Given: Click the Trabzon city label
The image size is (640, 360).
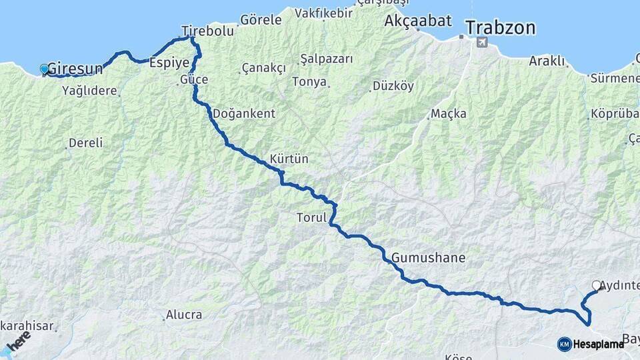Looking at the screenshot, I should tap(501, 28).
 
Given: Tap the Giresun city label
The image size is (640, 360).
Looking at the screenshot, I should tap(75, 68).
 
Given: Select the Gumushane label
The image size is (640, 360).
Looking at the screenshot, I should tap(429, 257).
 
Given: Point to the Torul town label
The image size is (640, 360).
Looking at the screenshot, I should tap(311, 217).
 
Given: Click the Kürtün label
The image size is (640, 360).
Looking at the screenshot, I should tap(289, 159).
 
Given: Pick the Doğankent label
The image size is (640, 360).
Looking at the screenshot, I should tap(243, 113).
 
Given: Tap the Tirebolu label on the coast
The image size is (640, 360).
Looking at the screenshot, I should tap(208, 31).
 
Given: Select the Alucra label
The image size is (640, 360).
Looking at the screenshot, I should tap(184, 314).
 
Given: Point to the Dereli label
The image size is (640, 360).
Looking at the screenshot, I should tap(86, 143).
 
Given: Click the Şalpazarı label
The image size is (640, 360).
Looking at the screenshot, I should tap(326, 59).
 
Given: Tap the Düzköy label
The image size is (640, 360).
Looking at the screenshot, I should tap(393, 85).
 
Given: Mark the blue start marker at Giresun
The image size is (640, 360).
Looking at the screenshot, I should tap(45, 69).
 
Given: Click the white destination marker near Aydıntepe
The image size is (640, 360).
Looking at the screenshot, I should tap(596, 285).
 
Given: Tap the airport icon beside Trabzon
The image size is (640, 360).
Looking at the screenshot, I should tap(482, 42).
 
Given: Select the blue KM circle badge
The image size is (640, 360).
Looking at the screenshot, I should tap(564, 344).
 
